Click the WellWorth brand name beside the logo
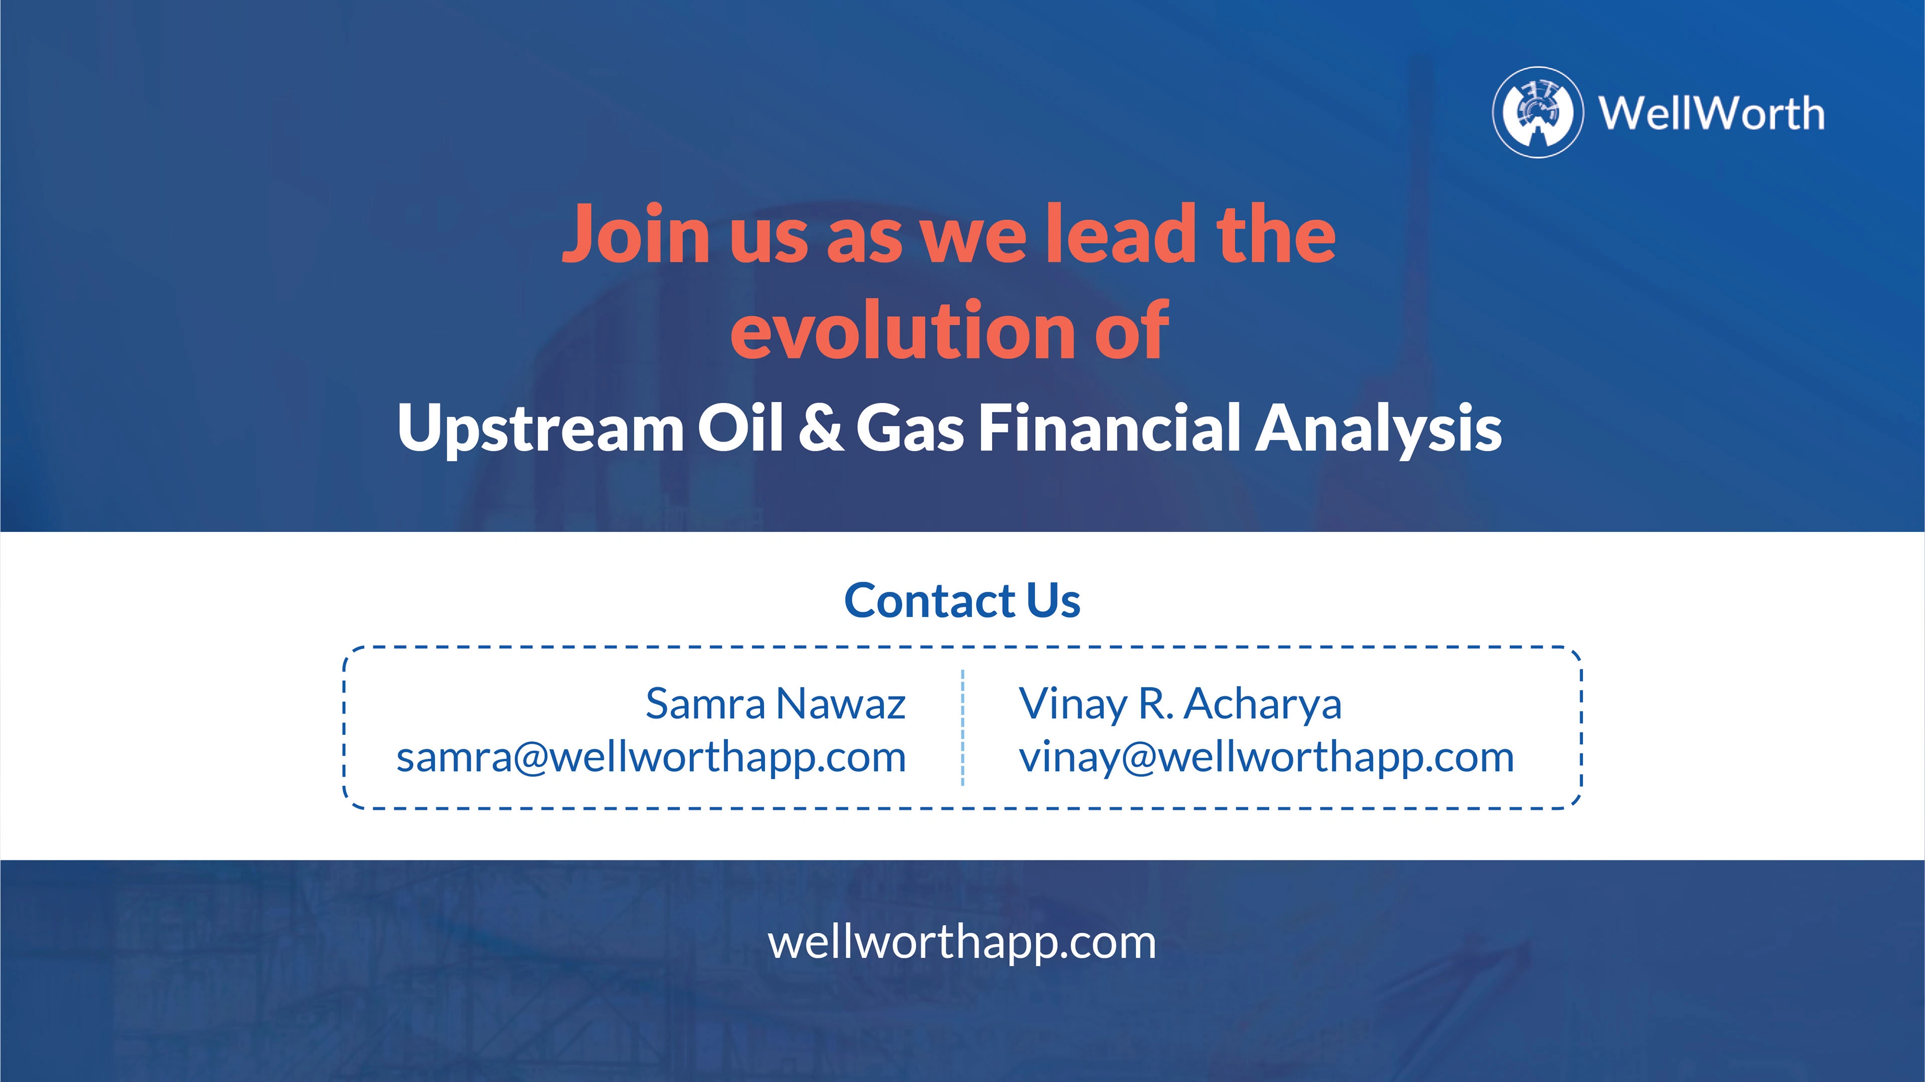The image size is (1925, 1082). click(1711, 114)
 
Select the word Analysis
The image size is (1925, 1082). click(1378, 429)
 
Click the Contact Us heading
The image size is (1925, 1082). click(962, 600)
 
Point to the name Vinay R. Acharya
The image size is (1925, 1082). click(1181, 705)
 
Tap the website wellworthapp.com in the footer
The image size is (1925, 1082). click(963, 943)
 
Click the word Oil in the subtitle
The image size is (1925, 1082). click(740, 427)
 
